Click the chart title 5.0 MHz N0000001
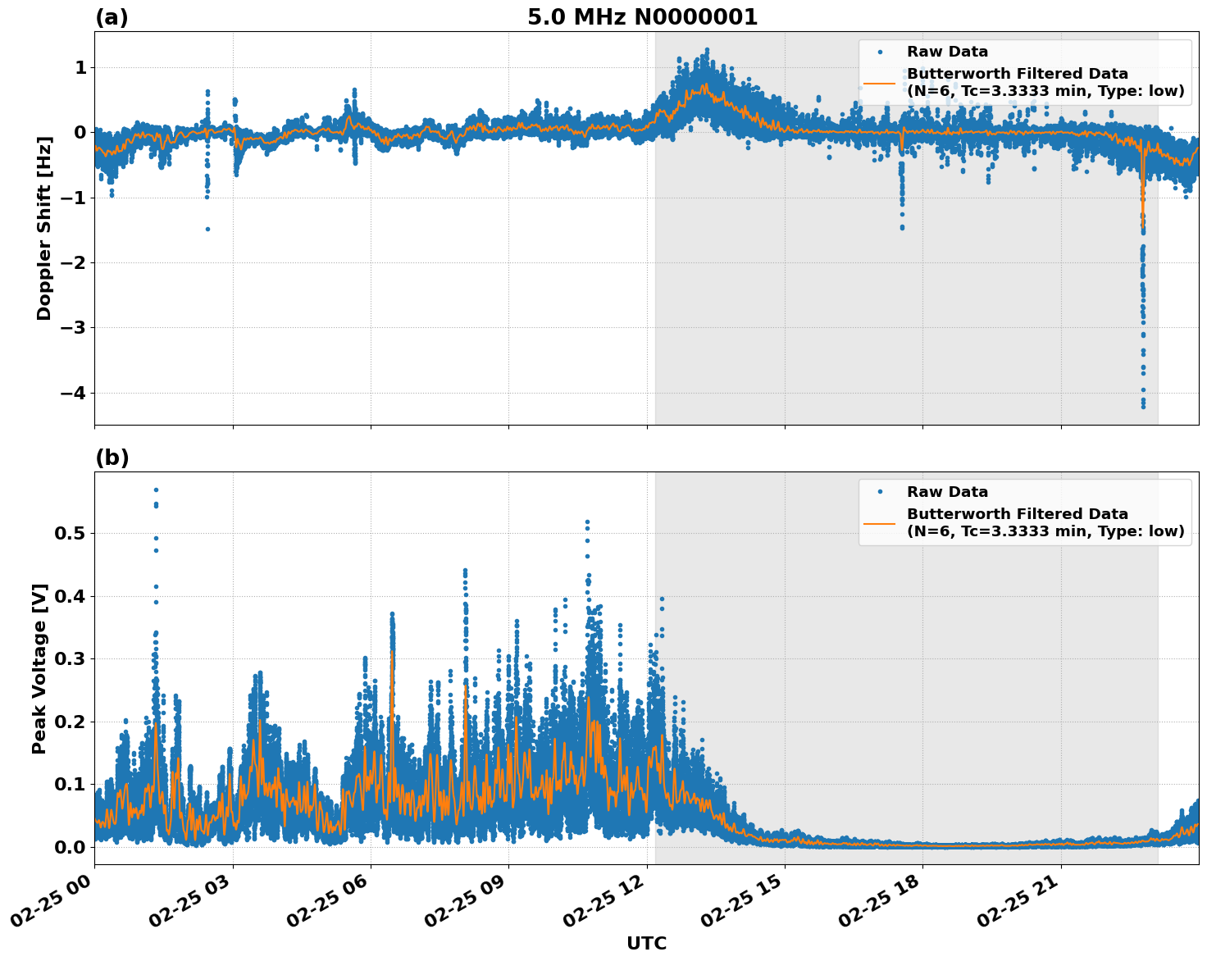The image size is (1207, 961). tap(642, 17)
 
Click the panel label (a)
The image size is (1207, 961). tap(112, 17)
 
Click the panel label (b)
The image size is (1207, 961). tap(112, 458)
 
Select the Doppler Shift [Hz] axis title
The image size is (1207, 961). tap(44, 228)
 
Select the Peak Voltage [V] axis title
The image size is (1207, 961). tap(39, 668)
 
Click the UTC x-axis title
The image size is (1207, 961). tap(646, 943)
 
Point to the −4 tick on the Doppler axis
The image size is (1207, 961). tap(72, 393)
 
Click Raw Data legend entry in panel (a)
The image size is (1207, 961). tap(947, 52)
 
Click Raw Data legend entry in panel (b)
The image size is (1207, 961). tap(947, 492)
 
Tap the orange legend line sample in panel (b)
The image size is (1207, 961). tap(879, 523)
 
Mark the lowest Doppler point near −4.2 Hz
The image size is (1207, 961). tap(1143, 406)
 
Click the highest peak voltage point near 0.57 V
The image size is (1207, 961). tap(156, 490)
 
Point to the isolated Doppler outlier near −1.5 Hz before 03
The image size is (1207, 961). tap(207, 229)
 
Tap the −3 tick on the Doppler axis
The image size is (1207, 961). tap(72, 328)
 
